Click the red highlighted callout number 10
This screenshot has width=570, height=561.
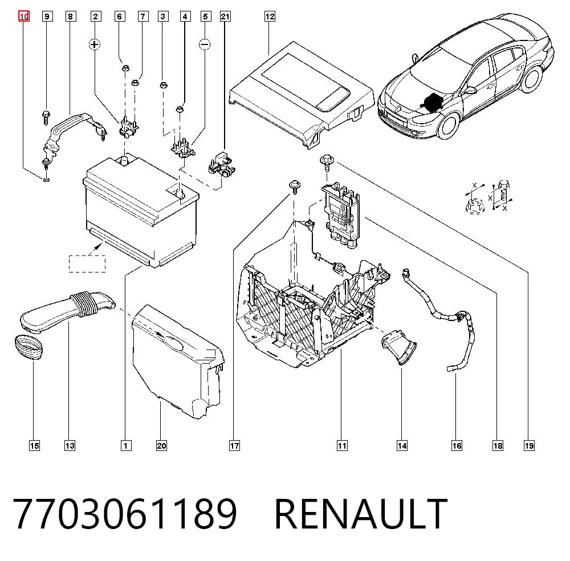tap(24, 17)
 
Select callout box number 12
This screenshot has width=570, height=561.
tap(270, 17)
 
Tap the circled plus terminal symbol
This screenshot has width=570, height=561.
tap(95, 44)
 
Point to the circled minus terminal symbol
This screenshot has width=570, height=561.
tap(205, 44)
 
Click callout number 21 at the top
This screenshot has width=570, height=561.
tap(225, 17)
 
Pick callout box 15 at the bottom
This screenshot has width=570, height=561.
tap(35, 446)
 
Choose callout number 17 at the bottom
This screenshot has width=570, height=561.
tap(234, 446)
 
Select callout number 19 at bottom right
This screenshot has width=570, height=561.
tap(530, 446)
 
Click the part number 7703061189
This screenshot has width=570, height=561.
tap(125, 514)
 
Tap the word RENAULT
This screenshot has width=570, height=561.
tap(361, 514)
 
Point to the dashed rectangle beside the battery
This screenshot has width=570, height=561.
tap(87, 263)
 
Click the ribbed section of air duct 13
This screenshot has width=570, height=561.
tap(85, 302)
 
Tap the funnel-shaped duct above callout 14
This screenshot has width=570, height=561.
tap(399, 347)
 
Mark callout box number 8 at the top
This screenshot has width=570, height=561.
tap(71, 17)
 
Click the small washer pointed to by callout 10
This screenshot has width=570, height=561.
tap(46, 179)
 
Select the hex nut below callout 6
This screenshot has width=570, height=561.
tap(125, 68)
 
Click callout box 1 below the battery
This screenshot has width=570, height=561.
tap(126, 446)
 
